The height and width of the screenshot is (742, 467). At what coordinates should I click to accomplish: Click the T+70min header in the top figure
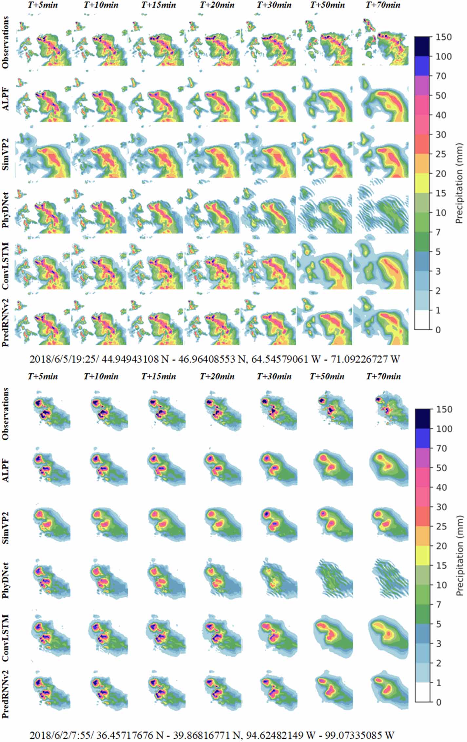point(383,5)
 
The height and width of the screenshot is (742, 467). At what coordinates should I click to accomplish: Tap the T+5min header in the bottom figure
point(43,376)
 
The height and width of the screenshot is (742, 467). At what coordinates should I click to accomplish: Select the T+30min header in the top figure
point(274,5)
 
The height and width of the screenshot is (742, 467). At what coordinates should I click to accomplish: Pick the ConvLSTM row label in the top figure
point(6,266)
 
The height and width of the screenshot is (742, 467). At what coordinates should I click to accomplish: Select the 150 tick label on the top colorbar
point(443,37)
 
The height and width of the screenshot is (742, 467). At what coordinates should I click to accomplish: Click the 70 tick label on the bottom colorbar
point(441,448)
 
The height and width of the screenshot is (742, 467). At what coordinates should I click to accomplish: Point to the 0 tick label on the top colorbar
point(438,330)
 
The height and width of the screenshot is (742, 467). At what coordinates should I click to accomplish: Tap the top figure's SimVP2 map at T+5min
point(44,154)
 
